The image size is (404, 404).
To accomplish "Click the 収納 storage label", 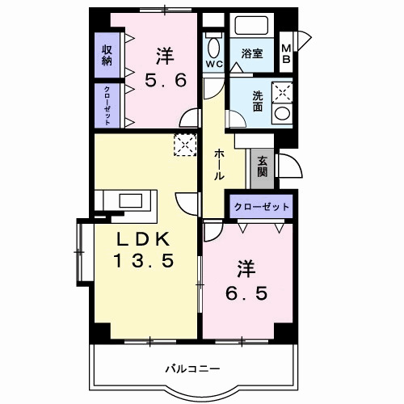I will point(106,56).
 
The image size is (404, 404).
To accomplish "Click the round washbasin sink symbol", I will point(281,114).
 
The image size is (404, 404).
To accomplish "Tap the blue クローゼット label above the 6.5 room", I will point(261,207).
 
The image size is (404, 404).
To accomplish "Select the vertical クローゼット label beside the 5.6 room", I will point(106,105).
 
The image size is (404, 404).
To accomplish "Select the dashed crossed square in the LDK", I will point(186,145).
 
